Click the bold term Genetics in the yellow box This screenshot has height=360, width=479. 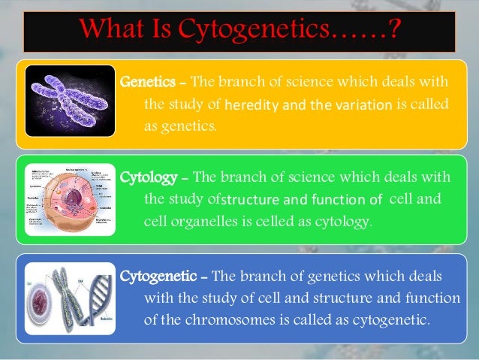tap(149, 81)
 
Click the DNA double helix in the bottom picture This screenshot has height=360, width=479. tap(98, 301)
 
